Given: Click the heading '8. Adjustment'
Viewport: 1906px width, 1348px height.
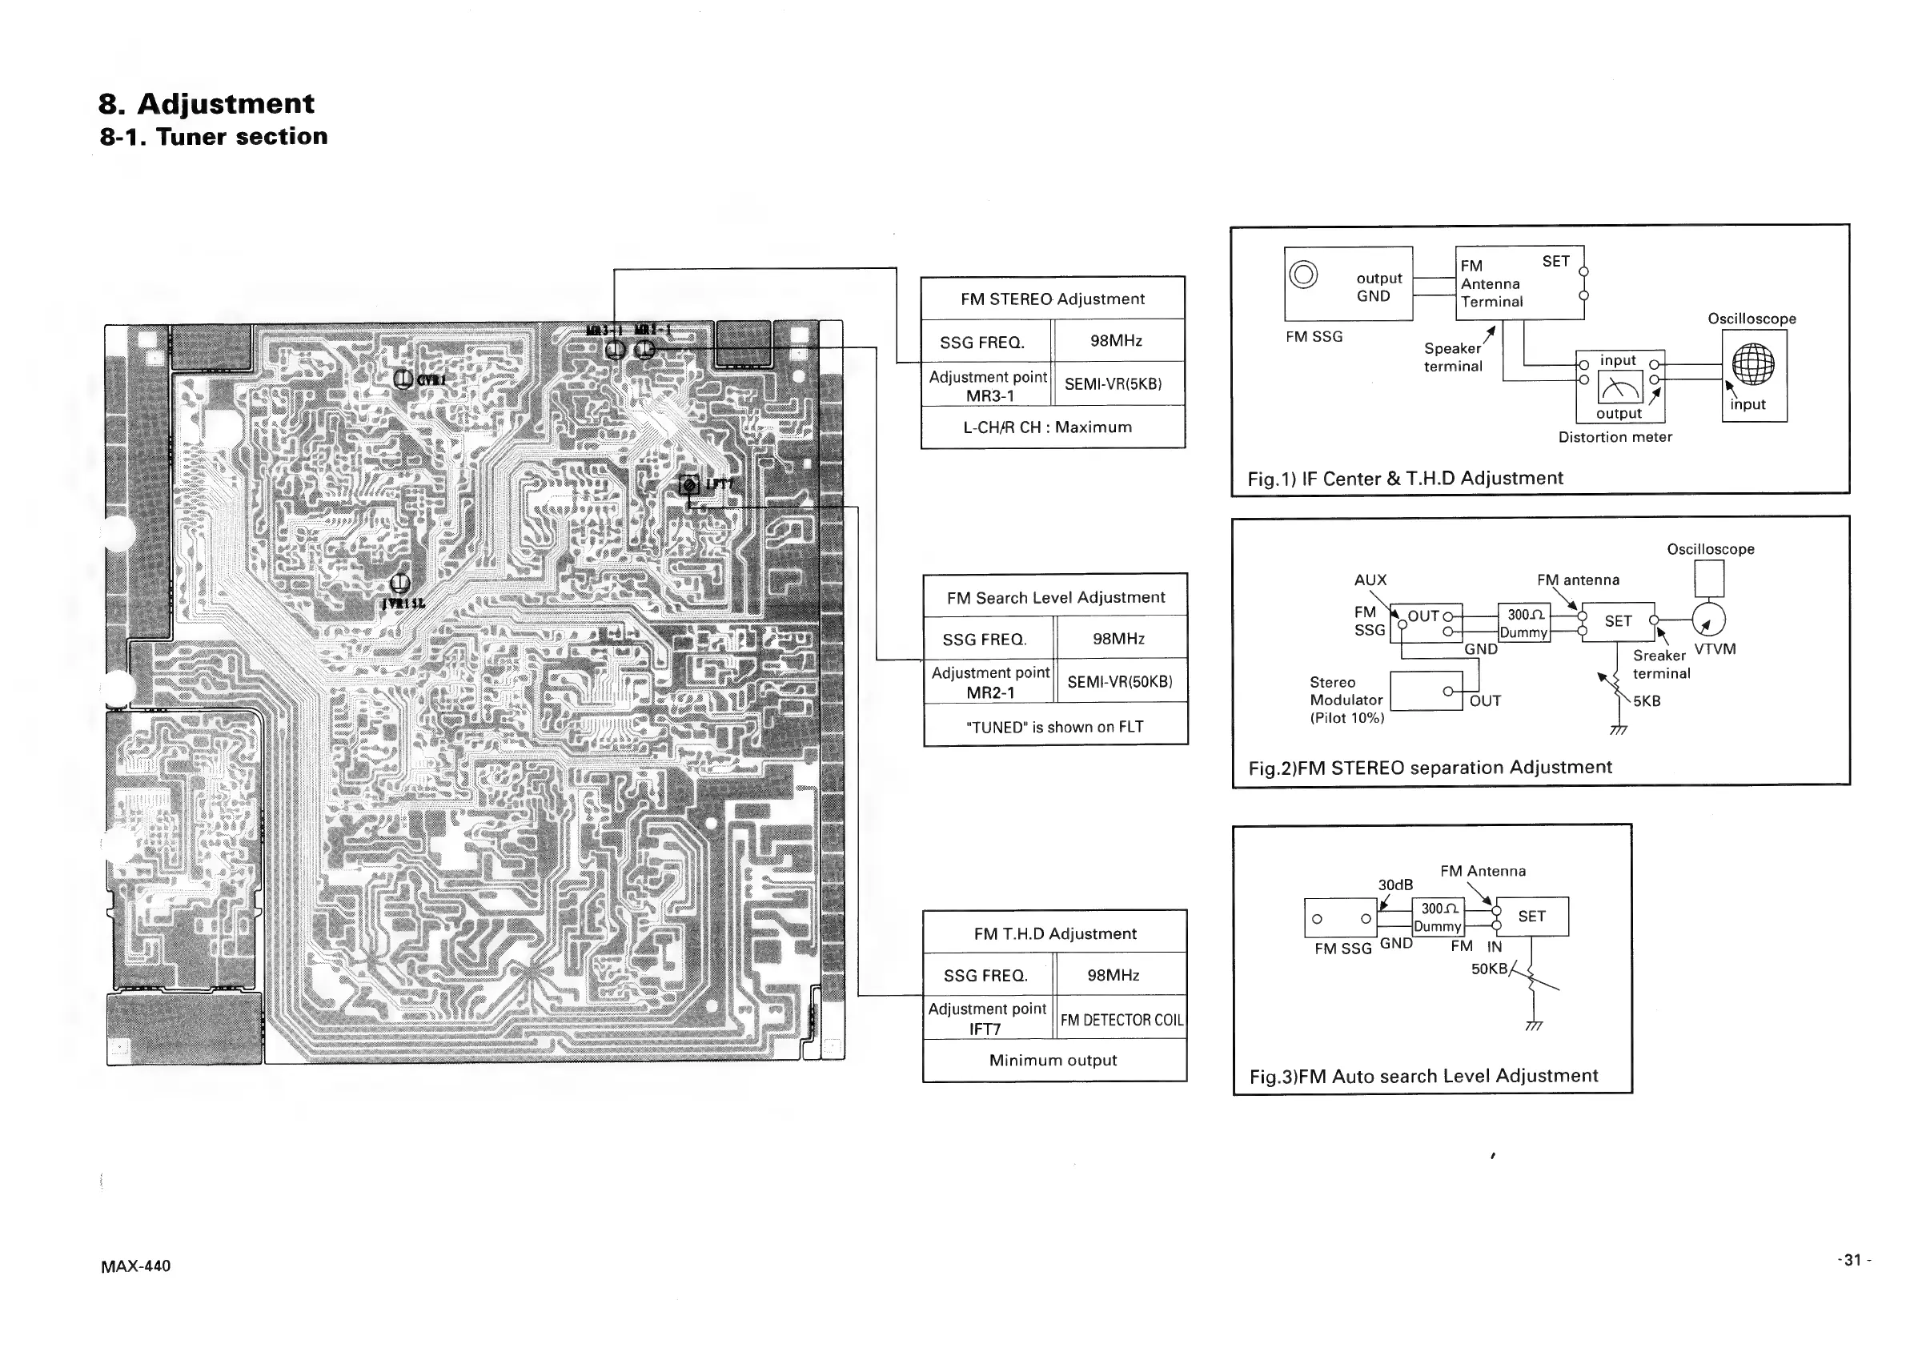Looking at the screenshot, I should [x=206, y=104].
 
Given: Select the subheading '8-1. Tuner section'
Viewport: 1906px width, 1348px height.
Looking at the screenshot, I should [x=214, y=137].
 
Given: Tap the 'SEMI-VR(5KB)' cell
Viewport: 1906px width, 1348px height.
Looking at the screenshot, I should [x=1113, y=384].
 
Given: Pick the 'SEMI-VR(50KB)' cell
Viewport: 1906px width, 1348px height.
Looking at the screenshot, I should [x=1119, y=682].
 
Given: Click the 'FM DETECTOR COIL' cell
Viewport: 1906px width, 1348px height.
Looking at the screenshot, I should [x=1122, y=1020].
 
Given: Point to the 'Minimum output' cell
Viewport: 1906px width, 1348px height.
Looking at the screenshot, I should [x=1053, y=1061].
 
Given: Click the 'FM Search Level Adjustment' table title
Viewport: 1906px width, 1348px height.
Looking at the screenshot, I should [x=1055, y=598].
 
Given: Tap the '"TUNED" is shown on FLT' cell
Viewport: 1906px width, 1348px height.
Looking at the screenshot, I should [x=1054, y=727].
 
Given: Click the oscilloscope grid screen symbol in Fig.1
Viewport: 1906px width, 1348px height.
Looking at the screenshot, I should [x=1753, y=364].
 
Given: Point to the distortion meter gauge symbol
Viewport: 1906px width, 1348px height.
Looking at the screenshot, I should [x=1619, y=387].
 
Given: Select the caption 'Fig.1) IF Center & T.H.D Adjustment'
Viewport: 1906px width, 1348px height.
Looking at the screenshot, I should [x=1405, y=479].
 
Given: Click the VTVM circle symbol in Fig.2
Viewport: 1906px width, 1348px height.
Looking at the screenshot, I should [x=1708, y=620].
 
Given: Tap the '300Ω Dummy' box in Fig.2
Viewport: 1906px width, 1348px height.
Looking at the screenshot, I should [x=1523, y=624].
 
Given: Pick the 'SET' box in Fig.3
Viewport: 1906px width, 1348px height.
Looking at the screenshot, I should [x=1531, y=917].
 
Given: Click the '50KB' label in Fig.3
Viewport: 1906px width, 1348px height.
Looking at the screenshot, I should [x=1488, y=969].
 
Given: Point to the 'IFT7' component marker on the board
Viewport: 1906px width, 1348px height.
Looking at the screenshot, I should [x=690, y=485].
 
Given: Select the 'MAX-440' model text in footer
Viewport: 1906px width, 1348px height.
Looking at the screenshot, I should [x=135, y=1266].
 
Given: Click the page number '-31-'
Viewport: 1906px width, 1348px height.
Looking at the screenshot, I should [x=1854, y=1260].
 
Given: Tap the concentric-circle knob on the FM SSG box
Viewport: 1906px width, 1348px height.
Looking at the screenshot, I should [x=1303, y=274].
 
